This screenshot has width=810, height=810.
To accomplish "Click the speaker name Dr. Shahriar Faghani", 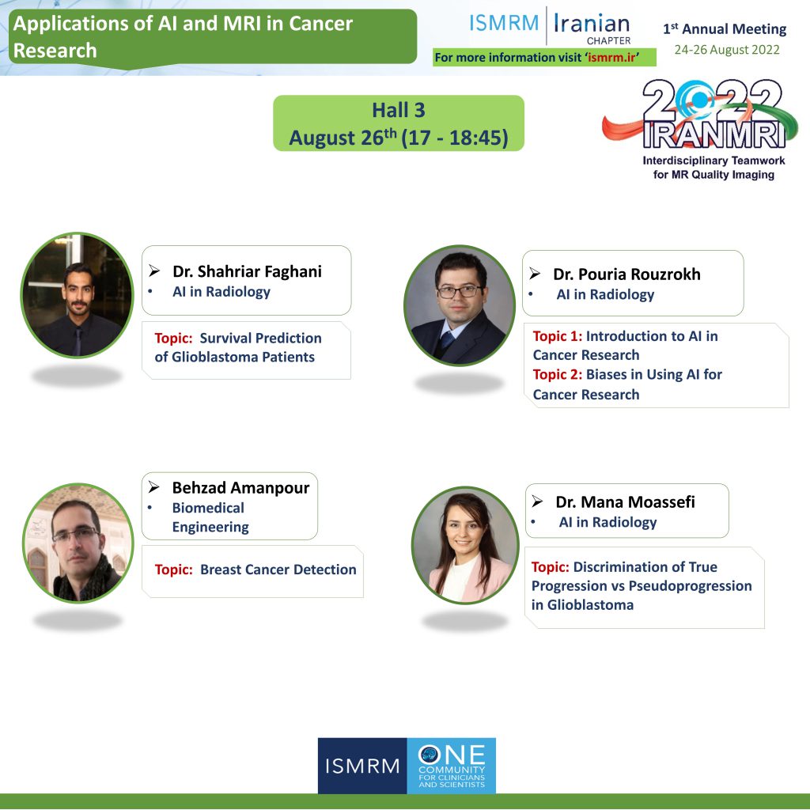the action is (x=247, y=271).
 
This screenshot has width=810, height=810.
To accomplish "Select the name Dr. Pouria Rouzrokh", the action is (x=626, y=274).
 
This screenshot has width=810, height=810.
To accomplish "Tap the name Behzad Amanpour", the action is (x=240, y=487).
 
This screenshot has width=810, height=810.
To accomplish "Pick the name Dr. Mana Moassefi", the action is (x=625, y=502).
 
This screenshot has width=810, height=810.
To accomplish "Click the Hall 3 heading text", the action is (x=399, y=110).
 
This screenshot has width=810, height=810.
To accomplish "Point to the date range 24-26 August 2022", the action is (x=727, y=50).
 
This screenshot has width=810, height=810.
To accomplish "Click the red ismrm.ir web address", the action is (x=611, y=57).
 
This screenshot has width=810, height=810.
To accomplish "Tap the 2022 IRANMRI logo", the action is (x=700, y=114).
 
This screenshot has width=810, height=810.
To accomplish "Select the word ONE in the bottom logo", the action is (x=452, y=755).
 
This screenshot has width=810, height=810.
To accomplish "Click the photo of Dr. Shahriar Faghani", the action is (x=77, y=295).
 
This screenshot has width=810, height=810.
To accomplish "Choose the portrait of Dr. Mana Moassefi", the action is (x=465, y=546).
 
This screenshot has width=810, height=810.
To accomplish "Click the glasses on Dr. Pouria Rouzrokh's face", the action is (x=460, y=291).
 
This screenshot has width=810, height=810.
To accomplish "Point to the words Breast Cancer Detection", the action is (x=278, y=570).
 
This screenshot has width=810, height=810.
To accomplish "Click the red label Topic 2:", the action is (x=558, y=374).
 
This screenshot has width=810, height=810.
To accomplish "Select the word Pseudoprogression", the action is (x=690, y=586).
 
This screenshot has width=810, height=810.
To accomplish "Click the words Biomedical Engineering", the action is (x=210, y=517).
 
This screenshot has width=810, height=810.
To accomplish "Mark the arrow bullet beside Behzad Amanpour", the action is (x=154, y=486).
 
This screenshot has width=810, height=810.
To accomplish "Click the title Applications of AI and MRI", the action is (x=183, y=36).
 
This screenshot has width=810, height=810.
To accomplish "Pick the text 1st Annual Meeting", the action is (x=725, y=28).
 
